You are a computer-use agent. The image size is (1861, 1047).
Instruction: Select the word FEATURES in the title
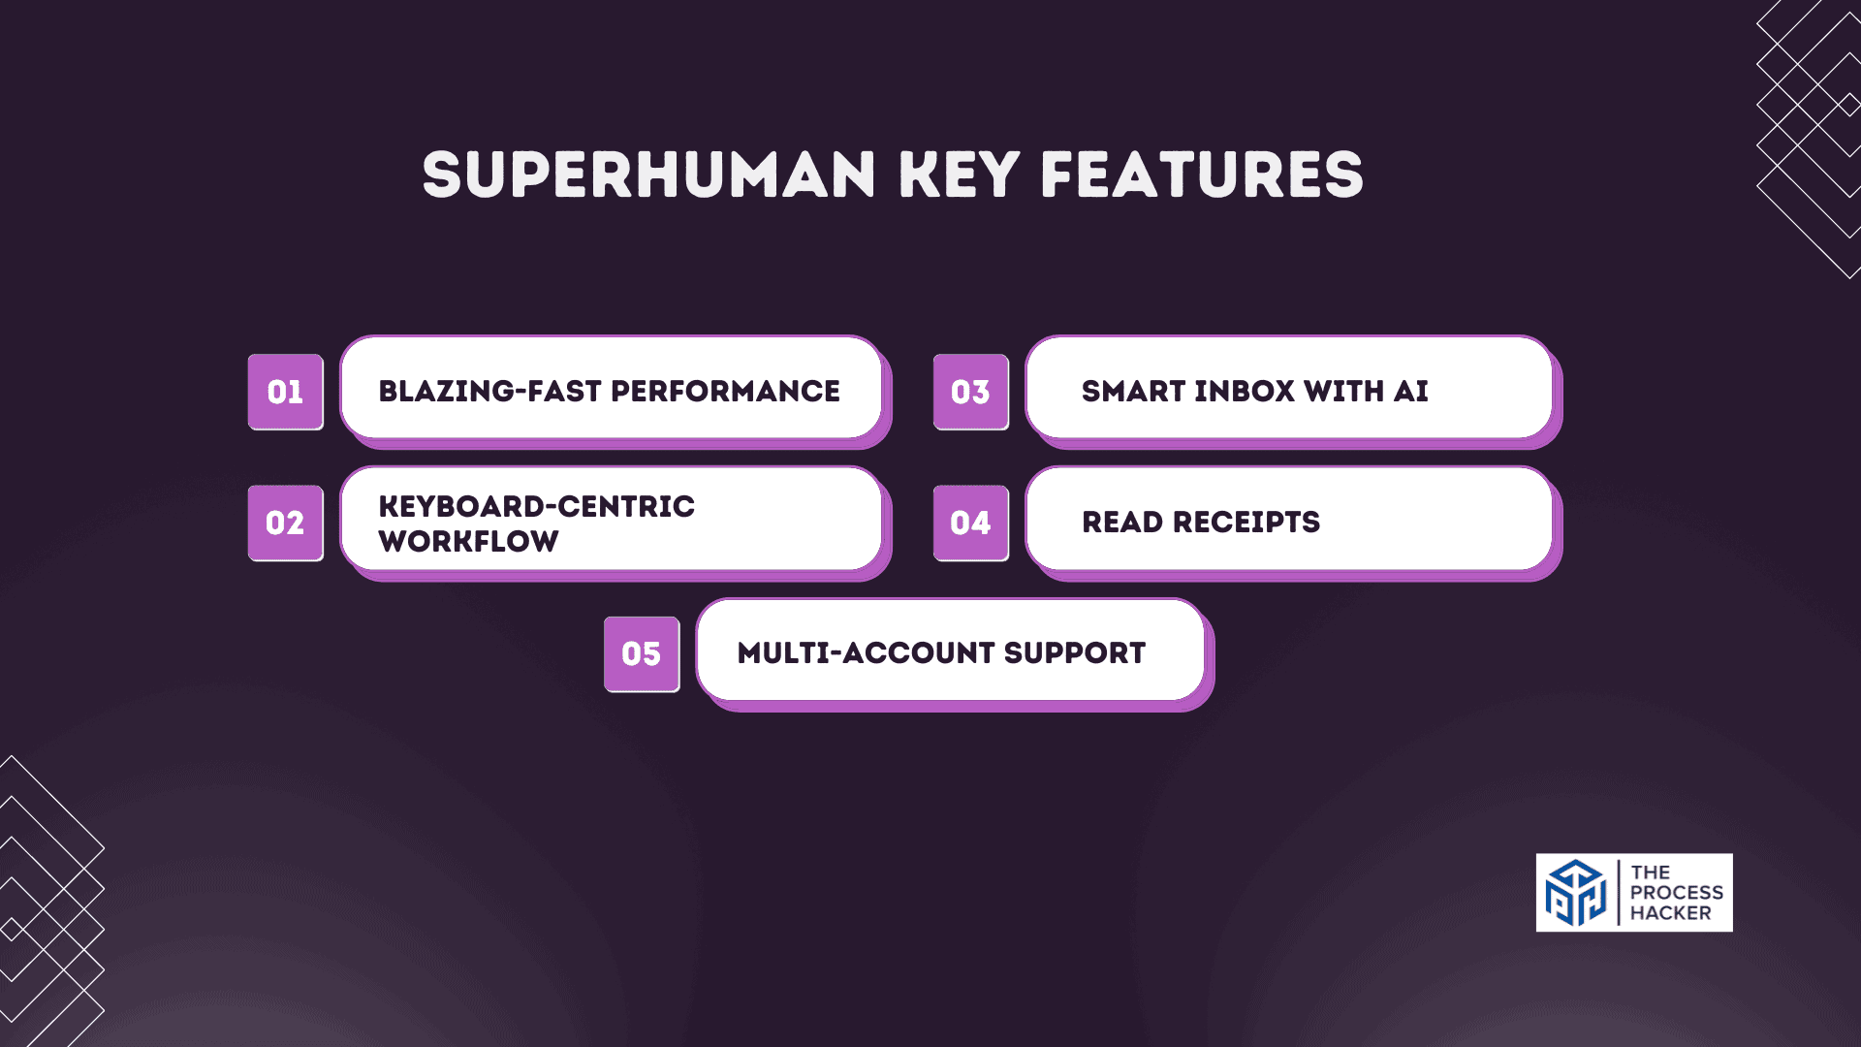point(1202,175)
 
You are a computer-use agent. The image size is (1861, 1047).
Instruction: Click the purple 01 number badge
point(285,392)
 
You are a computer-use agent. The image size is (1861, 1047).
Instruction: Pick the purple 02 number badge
point(285,523)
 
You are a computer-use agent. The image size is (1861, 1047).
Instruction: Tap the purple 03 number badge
point(970,392)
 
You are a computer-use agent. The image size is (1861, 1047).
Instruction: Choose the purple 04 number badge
point(970,523)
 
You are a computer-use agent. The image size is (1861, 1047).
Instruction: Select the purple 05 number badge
point(641,654)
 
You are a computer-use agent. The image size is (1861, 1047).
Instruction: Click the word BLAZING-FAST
point(489,392)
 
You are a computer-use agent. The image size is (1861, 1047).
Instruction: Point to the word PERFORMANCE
point(725,392)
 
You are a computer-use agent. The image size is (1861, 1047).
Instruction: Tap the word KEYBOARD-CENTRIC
point(536,506)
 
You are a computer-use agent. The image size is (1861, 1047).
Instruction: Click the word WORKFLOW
point(468,541)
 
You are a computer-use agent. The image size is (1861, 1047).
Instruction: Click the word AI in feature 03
point(1411,392)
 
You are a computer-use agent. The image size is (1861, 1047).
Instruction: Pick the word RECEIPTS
point(1246,523)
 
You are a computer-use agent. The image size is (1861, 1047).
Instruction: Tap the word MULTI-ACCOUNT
point(866,653)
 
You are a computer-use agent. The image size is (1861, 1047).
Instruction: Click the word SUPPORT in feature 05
point(1075,653)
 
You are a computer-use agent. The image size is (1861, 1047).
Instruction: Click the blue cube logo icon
point(1576,893)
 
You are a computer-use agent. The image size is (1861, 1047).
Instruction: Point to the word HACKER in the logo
point(1670,913)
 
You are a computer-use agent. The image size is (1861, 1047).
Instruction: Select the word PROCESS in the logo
point(1676,893)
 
